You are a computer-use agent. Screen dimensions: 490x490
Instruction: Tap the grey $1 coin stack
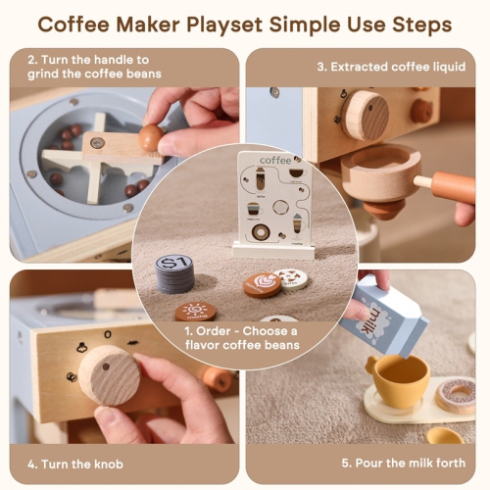[x=174, y=272]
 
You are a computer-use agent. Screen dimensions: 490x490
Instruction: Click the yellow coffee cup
[x=397, y=378]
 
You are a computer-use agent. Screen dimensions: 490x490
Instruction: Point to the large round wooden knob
[x=109, y=373]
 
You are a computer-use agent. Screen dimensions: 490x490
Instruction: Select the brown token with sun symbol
[x=195, y=312]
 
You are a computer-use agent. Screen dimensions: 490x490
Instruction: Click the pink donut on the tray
[x=455, y=394]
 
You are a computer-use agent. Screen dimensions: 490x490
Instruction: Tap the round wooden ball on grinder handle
[x=150, y=138]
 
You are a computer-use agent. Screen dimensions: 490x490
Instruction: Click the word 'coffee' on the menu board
[x=275, y=160]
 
